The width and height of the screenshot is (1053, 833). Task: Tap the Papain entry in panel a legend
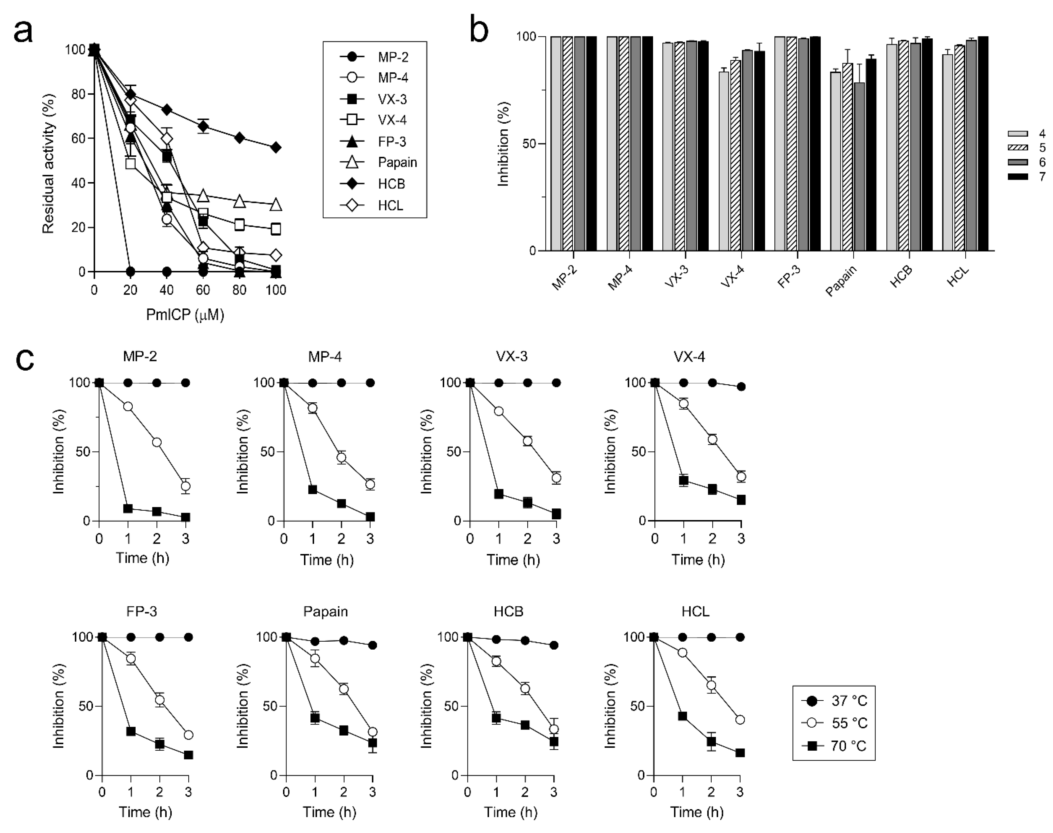point(397,163)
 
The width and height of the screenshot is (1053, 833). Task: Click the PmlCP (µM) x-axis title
point(185,315)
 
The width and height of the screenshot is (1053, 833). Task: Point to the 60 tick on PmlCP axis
point(203,290)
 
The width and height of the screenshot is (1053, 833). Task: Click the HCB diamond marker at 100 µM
point(276,147)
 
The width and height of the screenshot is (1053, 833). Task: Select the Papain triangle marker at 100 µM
point(276,205)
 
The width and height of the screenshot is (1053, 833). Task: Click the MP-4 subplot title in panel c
point(324,357)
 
